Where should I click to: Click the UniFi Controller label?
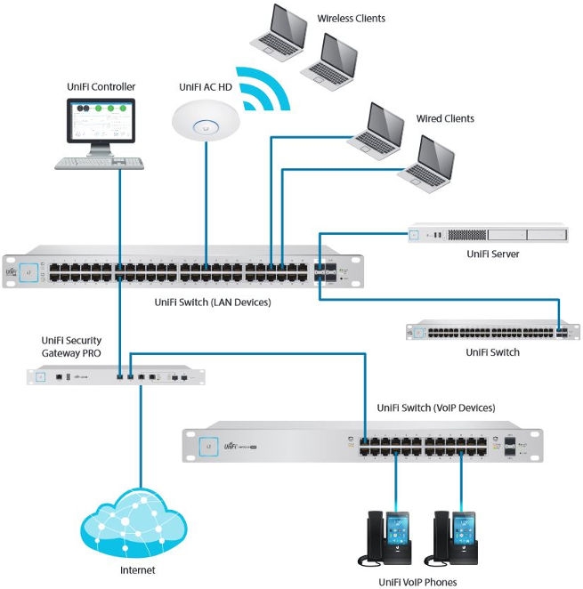pyautogui.click(x=101, y=86)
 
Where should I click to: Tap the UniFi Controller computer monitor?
pyautogui.click(x=101, y=124)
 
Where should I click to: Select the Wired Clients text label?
pyautogui.click(x=445, y=118)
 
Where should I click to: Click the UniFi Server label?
pyautogui.click(x=492, y=255)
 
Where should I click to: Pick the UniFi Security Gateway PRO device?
pyautogui.click(x=116, y=377)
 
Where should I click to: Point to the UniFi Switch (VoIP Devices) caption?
pyautogui.click(x=436, y=407)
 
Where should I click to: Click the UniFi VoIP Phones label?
pyautogui.click(x=417, y=582)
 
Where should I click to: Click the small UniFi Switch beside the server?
pyautogui.click(x=487, y=331)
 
